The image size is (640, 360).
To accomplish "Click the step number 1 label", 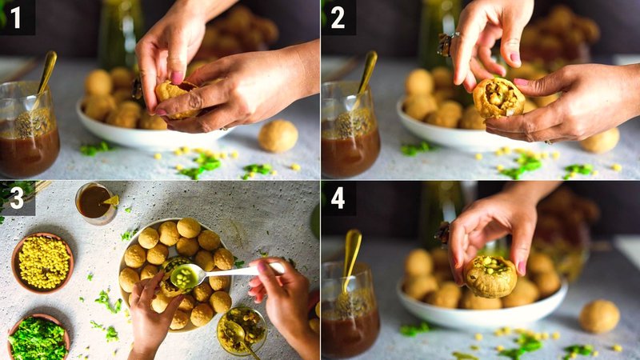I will click(17, 17).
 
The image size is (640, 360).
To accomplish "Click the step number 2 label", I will click(338, 17).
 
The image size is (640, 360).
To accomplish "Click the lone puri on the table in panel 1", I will click(278, 136).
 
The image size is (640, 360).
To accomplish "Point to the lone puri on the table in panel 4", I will click(599, 316).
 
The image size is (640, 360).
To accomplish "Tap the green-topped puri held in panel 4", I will click(490, 276).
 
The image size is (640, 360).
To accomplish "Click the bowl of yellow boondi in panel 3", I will click(43, 262).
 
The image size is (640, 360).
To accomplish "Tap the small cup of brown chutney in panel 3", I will click(94, 202).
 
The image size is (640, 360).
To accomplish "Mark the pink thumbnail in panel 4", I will click(521, 266).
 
